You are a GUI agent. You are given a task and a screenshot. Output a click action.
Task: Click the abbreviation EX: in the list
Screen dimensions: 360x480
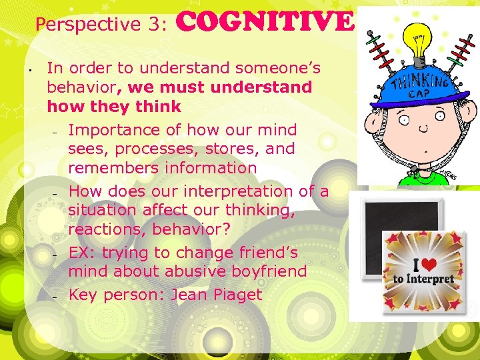(x=81, y=253)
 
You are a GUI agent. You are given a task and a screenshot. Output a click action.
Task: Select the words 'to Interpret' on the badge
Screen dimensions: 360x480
(x=423, y=278)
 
